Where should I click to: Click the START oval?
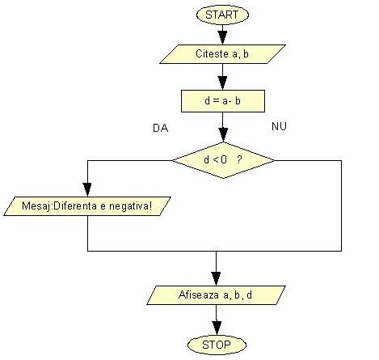coord(222,15)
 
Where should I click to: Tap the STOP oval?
coord(217,345)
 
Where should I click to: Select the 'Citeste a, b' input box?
coord(222,54)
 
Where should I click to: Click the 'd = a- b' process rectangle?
coord(223,101)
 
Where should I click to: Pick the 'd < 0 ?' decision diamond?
coord(223,160)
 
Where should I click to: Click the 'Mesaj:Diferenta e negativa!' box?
coord(87,206)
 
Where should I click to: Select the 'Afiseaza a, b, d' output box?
coord(216,295)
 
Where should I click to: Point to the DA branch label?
coord(161,128)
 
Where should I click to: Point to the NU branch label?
coord(279,126)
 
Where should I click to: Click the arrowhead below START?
coord(222,37)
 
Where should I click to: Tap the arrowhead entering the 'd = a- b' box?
coord(222,83)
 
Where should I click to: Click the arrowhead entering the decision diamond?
coord(223,135)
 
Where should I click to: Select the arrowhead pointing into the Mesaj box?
coord(87,189)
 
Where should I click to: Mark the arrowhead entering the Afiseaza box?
coord(216,278)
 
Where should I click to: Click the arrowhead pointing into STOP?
coord(217,328)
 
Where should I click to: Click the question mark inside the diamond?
coord(239,159)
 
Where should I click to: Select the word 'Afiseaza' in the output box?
coord(199,294)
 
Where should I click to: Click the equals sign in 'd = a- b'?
coord(216,101)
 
